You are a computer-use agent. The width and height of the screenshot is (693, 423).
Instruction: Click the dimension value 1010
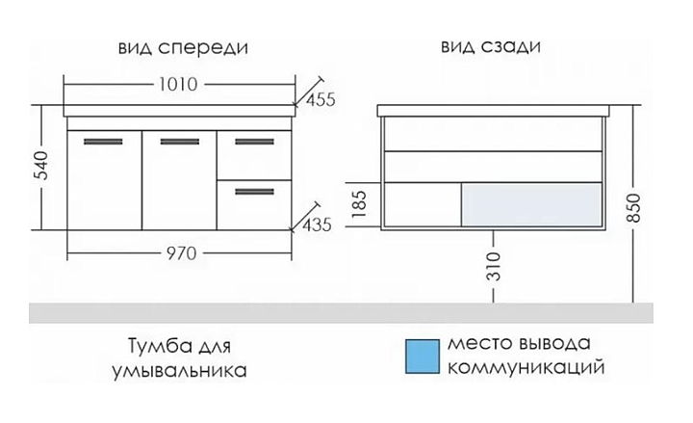(180, 84)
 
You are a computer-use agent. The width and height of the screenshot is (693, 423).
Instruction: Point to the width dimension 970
(180, 254)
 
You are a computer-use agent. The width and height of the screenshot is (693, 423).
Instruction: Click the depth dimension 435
(317, 225)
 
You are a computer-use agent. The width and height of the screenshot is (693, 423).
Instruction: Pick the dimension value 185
(361, 204)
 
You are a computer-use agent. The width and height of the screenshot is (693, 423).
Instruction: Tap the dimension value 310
(492, 265)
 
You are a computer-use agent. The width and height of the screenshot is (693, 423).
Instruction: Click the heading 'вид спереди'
(180, 46)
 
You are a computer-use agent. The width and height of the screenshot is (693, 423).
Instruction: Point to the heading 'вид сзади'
(490, 46)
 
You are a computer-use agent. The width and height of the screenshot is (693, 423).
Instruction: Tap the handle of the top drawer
(254, 143)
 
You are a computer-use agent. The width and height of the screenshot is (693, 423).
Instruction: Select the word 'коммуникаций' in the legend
(524, 369)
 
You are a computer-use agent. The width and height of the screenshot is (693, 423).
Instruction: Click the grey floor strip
(346, 312)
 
